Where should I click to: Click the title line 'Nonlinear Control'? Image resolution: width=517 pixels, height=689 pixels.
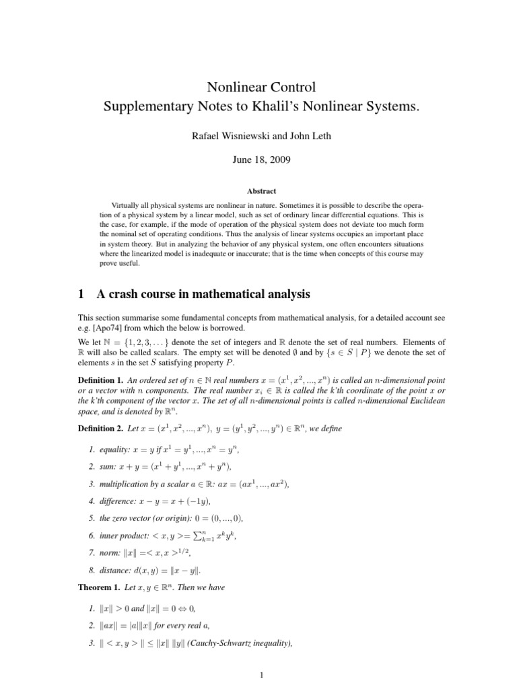tap(258, 87)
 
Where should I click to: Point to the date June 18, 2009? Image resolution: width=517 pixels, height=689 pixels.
tap(258, 161)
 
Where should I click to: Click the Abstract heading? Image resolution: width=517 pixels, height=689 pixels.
tap(258, 191)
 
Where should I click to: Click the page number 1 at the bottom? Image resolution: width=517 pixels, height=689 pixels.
tap(258, 674)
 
